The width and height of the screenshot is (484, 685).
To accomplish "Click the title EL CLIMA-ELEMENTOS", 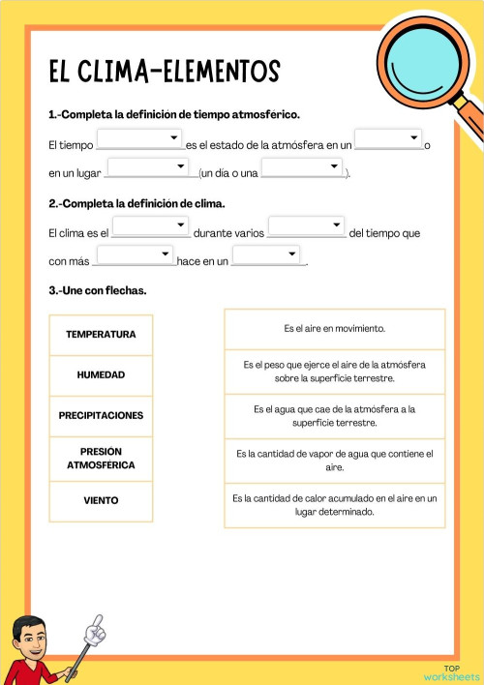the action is click(x=164, y=72).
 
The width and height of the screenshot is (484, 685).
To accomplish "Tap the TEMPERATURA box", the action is click(x=101, y=335).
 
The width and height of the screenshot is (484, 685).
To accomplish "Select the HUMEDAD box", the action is click(x=101, y=374).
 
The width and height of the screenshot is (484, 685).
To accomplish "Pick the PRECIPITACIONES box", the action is click(x=101, y=415).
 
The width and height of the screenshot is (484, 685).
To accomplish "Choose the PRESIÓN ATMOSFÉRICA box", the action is click(x=101, y=458).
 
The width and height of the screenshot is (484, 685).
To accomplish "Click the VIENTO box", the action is click(x=101, y=500).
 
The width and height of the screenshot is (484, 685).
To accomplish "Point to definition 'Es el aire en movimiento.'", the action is click(x=335, y=329).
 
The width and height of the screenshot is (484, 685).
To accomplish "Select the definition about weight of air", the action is click(x=335, y=371).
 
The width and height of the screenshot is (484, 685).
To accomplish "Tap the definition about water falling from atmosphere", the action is click(x=335, y=415).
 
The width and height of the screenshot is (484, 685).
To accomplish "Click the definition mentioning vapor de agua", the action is click(x=335, y=460).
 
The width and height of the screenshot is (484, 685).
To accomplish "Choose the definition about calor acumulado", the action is click(x=335, y=504).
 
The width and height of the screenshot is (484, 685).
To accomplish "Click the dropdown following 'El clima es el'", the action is click(x=150, y=226).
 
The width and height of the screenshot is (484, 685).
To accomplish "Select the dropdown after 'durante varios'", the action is click(x=306, y=226).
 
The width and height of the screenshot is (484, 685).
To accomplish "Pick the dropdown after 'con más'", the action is click(x=136, y=255).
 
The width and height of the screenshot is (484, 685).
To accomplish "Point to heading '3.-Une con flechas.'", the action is click(x=98, y=290).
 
